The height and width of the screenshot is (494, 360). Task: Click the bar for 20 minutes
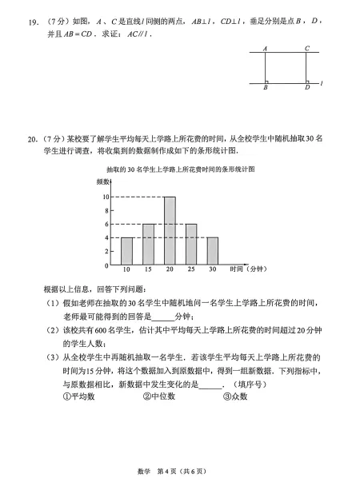(170, 230)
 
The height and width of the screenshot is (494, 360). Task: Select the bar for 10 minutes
(127, 250)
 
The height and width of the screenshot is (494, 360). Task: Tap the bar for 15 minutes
(148, 244)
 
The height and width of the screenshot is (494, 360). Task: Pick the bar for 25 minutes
(191, 244)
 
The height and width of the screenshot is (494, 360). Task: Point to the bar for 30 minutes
(212, 250)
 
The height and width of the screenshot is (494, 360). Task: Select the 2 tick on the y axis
(107, 251)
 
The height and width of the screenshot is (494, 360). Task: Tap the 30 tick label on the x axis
(212, 271)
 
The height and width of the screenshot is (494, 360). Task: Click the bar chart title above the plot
(180, 169)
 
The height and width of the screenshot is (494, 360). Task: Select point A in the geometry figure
(265, 49)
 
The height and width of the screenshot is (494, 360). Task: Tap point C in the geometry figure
(306, 49)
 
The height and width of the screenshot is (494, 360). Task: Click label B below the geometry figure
(265, 88)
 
